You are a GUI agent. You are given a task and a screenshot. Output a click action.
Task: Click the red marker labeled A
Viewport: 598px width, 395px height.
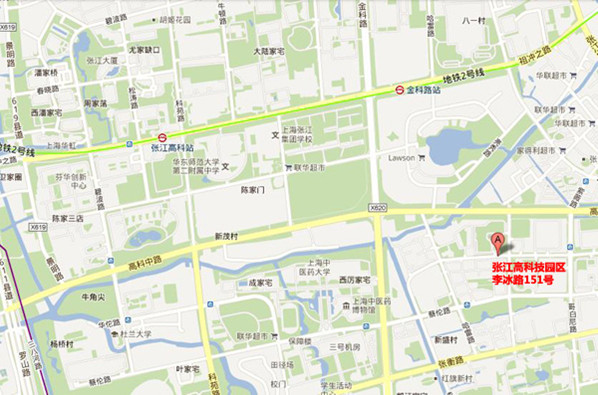pos(497,240)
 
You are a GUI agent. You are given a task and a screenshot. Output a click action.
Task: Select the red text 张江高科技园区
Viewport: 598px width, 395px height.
pos(528,268)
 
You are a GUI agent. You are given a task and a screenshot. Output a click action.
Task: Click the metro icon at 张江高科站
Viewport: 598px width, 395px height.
pos(161,138)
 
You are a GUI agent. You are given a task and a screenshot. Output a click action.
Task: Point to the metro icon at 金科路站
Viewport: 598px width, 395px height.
pos(398,89)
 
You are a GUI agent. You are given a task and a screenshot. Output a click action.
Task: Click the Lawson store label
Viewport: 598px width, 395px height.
pos(400,157)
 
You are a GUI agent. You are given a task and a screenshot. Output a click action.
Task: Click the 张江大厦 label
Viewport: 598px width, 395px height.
pos(101,60)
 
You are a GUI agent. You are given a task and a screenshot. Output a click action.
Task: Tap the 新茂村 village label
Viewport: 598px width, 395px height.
pos(228,237)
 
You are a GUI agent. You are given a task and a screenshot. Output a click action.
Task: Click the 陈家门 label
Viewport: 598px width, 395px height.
pos(257,188)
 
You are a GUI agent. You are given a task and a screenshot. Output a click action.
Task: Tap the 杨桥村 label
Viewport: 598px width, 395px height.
pos(62,342)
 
